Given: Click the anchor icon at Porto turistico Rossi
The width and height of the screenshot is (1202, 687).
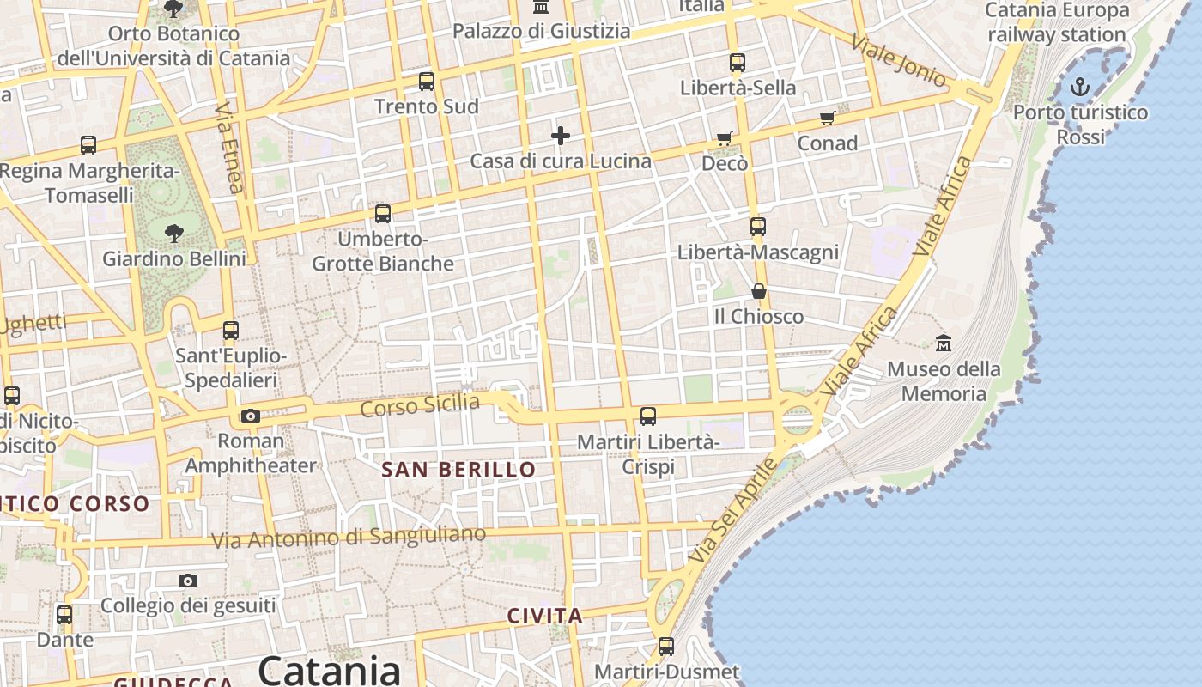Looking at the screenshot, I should [1079, 86].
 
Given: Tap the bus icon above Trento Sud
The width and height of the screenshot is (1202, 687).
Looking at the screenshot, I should [427, 82].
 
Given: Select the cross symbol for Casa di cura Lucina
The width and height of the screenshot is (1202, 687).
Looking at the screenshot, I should [561, 136].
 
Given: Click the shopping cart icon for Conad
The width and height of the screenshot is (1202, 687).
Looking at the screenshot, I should [827, 118].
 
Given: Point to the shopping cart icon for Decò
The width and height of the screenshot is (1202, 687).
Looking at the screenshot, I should [725, 138].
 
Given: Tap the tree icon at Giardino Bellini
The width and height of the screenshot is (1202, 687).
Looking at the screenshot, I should [174, 233].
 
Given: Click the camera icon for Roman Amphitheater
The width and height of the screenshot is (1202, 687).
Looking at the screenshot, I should [250, 416].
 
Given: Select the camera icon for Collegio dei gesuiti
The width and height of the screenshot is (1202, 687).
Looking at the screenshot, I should [188, 581].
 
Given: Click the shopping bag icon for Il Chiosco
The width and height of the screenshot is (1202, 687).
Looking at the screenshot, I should [758, 291].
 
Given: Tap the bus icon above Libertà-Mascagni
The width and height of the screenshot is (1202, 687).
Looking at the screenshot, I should [757, 227].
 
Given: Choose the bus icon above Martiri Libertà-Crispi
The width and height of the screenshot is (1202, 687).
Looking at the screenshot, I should [648, 416].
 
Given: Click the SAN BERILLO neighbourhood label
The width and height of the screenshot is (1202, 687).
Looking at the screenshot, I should [458, 470].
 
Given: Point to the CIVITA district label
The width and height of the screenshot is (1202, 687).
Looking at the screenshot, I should [545, 616].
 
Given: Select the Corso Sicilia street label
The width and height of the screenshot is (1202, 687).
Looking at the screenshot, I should [420, 404].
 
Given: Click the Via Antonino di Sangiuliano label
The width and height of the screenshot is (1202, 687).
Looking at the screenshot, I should [349, 538].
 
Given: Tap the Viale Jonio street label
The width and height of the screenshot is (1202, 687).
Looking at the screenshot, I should [899, 60].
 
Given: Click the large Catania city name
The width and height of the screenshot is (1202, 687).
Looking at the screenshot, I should [330, 670].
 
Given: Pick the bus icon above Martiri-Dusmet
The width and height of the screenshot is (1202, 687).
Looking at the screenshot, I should [666, 647].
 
